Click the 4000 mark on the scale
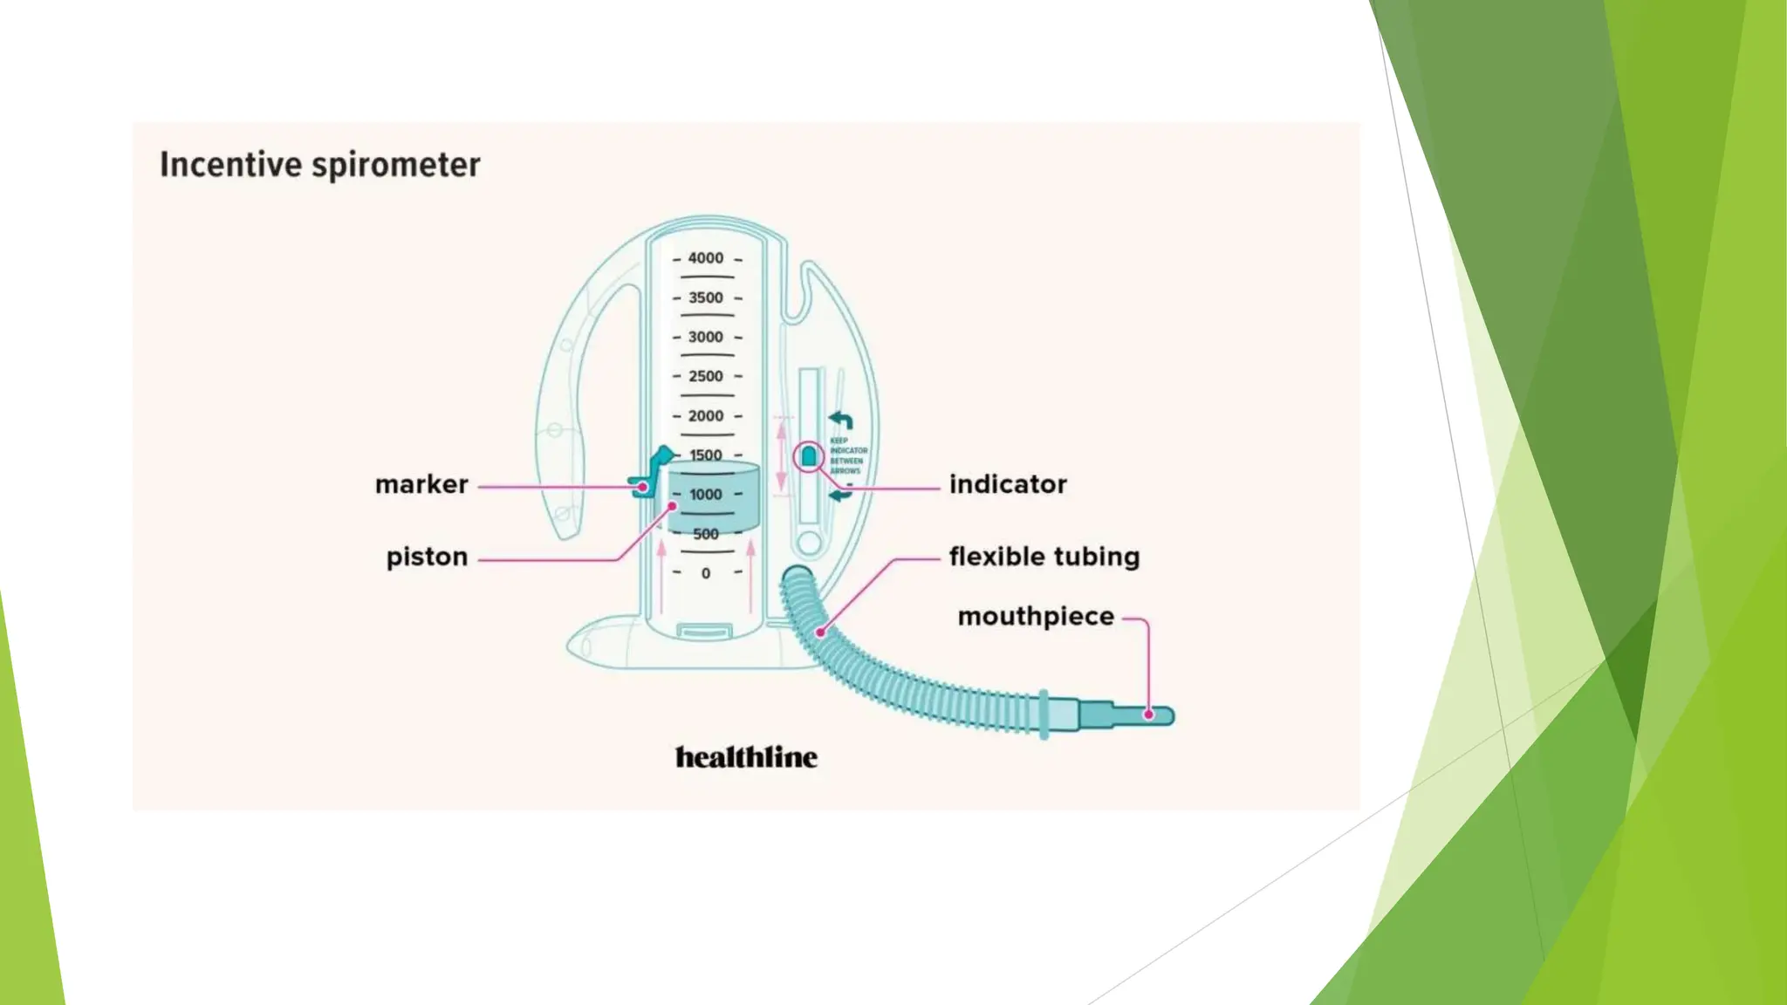coord(705,258)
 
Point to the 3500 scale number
coord(705,297)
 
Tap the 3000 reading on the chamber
coord(705,337)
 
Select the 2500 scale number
coord(705,376)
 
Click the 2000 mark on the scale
coord(705,416)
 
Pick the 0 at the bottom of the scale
coord(706,573)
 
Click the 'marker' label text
coord(421,484)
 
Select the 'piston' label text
coord(427,557)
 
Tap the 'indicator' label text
coord(1008,484)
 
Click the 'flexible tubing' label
coord(1044,557)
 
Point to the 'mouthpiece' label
coord(1036,617)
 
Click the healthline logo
coord(746,757)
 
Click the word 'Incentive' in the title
coord(230,165)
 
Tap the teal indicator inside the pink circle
coord(809,456)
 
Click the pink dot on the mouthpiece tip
coord(1149,714)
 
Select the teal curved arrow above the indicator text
coord(840,420)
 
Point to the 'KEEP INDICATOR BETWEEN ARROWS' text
coord(847,455)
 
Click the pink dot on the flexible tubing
coord(820,632)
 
